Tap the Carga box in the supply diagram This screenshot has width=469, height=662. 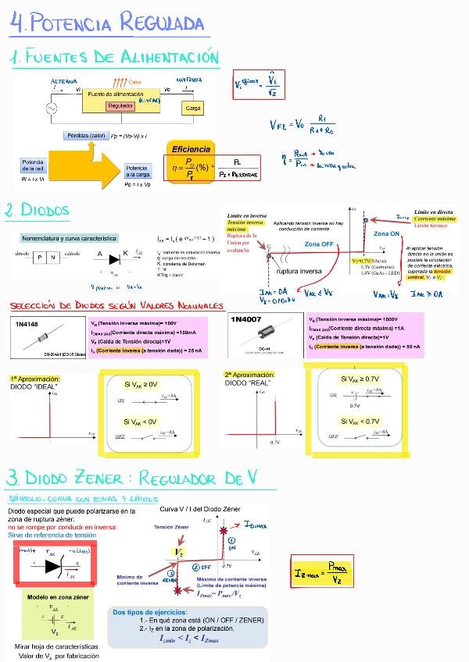coord(193,109)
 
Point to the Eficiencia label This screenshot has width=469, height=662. coord(191,148)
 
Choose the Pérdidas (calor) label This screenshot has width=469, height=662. coord(87,135)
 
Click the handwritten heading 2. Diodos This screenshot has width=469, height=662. coord(37,211)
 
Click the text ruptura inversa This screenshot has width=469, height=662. coord(299,272)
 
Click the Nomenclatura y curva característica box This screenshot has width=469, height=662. coord(69,237)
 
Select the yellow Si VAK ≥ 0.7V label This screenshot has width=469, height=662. coord(360,379)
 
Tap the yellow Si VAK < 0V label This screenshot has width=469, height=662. coord(141,422)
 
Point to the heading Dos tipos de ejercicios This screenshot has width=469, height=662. coord(150,612)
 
